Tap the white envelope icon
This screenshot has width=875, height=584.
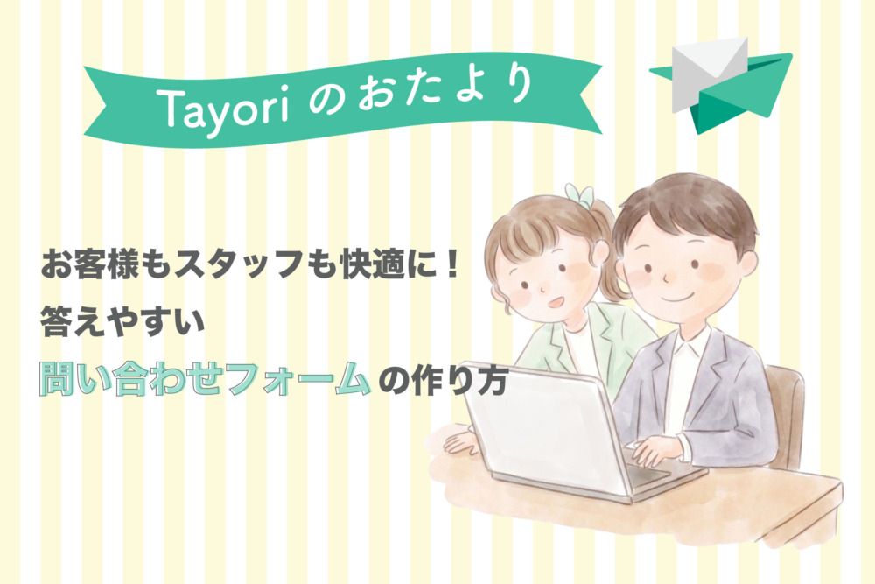(x=709, y=72)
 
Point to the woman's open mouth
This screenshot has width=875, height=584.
(x=556, y=303)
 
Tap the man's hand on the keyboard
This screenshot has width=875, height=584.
(x=660, y=449)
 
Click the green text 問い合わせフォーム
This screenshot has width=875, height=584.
(x=205, y=379)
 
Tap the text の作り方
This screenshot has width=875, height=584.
(x=443, y=381)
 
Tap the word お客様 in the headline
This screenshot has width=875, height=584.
(x=89, y=264)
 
